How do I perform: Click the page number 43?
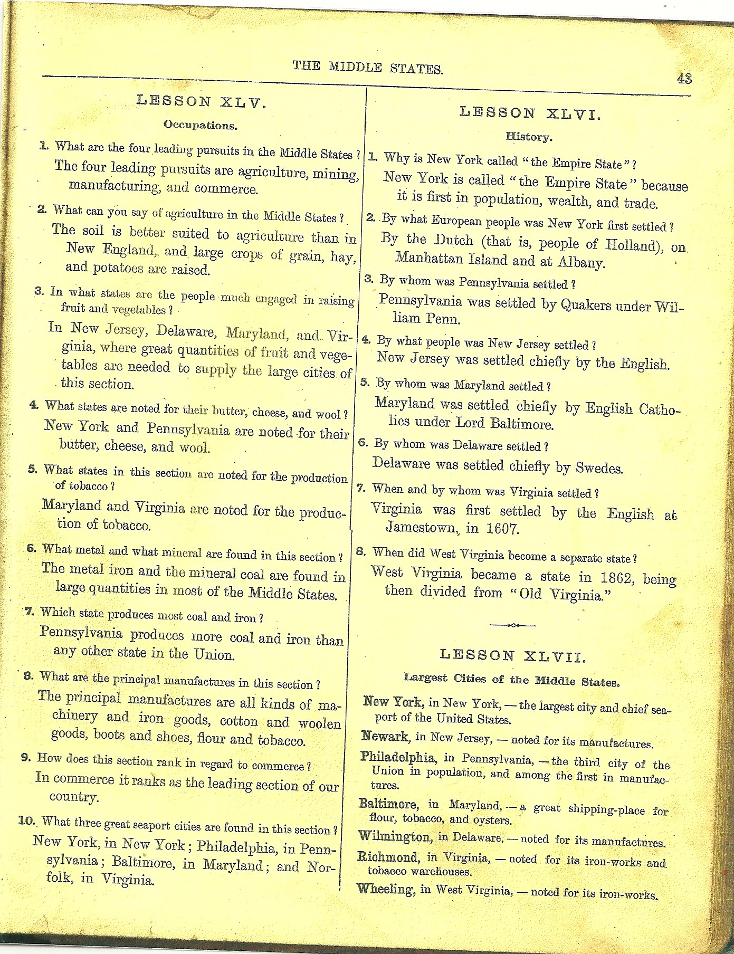(x=684, y=79)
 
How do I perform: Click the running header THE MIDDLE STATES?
(x=368, y=67)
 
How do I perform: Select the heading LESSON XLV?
(x=201, y=102)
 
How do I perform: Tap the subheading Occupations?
(x=200, y=126)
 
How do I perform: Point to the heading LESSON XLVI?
(x=530, y=112)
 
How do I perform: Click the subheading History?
(x=529, y=137)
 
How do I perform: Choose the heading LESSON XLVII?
(x=512, y=656)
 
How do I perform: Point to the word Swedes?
(x=599, y=468)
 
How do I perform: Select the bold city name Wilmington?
(x=394, y=837)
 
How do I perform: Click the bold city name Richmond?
(x=388, y=857)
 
